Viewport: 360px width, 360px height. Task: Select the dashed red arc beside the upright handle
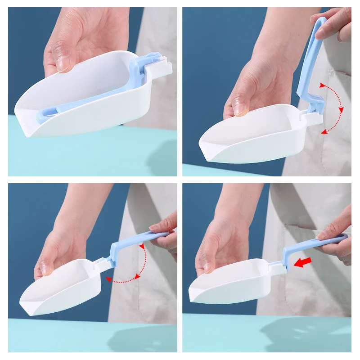click(x=337, y=108)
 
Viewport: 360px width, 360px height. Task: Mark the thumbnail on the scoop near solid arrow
click(x=208, y=266)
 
